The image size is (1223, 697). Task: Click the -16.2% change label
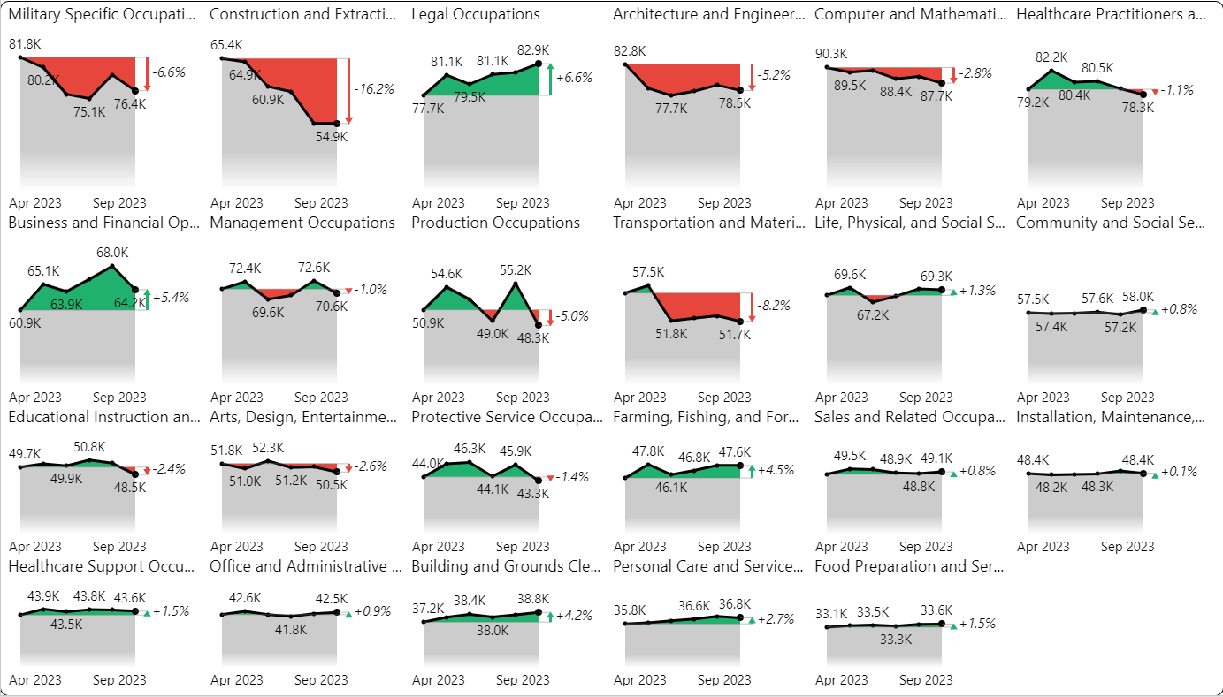[x=373, y=89]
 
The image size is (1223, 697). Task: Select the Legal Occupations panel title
[x=475, y=15]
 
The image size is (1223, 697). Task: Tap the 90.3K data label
[x=831, y=53]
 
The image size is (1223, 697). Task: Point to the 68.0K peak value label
[x=111, y=253]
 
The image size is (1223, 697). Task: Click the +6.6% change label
[x=575, y=78]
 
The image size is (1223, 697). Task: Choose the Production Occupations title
[x=495, y=223]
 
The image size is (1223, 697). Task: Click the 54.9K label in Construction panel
[x=333, y=137]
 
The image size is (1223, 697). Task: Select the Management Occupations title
[x=302, y=223]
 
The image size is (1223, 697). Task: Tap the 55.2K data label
[x=516, y=270]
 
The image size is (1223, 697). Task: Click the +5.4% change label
[x=172, y=299]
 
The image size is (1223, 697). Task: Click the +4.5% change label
[x=776, y=470]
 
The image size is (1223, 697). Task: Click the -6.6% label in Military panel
[x=168, y=72]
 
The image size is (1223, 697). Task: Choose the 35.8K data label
[x=630, y=610]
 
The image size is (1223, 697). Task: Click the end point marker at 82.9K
[x=539, y=64]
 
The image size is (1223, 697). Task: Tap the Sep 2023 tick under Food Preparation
[x=926, y=679]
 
